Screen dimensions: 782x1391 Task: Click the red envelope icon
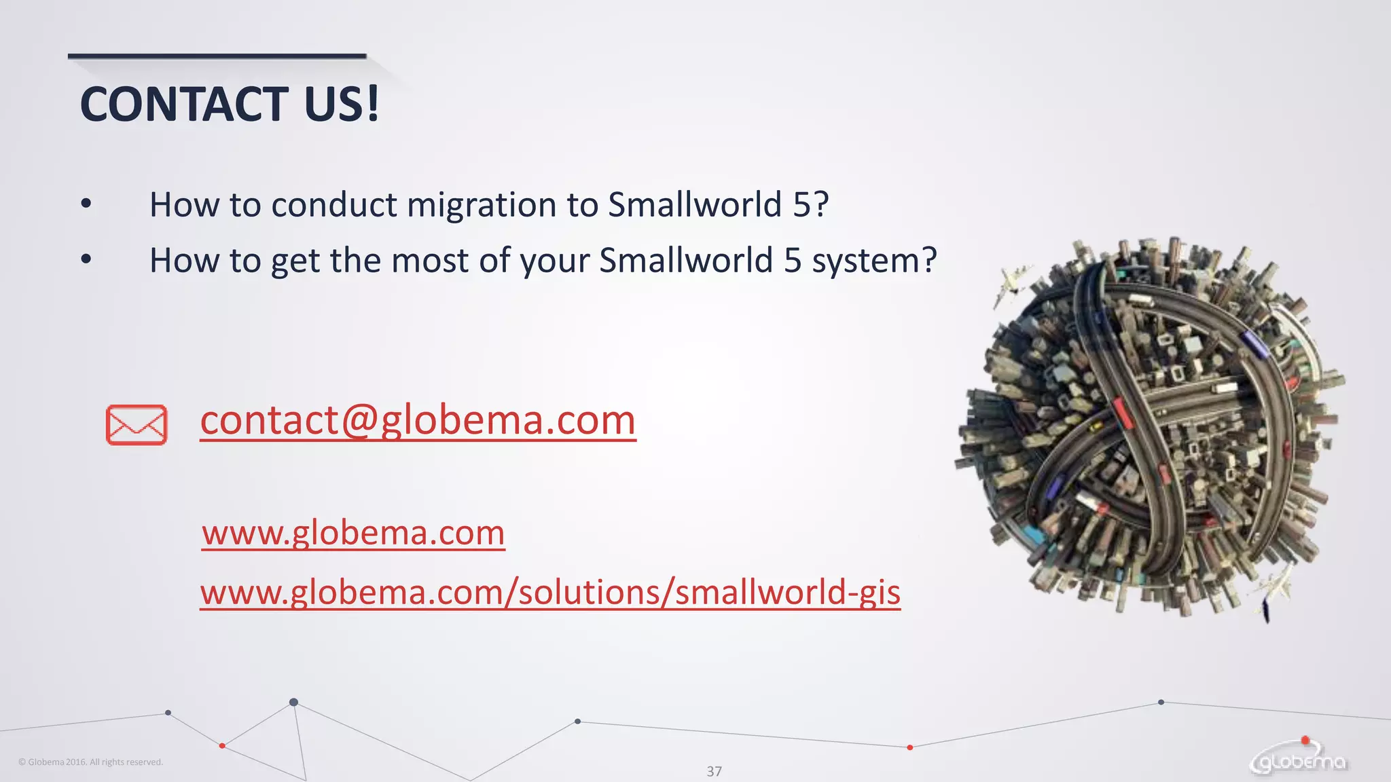pyautogui.click(x=137, y=425)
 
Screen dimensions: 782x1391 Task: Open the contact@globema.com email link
pyautogui.click(x=418, y=420)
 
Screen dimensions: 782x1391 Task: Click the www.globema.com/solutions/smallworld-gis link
pyautogui.click(x=550, y=592)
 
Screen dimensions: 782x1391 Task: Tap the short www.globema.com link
pyautogui.click(x=353, y=533)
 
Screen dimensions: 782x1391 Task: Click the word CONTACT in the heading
pyautogui.click(x=184, y=105)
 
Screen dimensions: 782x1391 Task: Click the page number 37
pyautogui.click(x=714, y=771)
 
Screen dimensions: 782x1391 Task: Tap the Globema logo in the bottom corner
pyautogui.click(x=1299, y=762)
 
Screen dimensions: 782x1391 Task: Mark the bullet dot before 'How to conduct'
pyautogui.click(x=86, y=204)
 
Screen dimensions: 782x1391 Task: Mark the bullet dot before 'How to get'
pyautogui.click(x=86, y=259)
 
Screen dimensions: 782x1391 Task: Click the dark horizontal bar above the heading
pyautogui.click(x=217, y=56)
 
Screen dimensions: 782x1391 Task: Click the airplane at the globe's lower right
pyautogui.click(x=1276, y=588)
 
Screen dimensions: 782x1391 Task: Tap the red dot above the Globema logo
pyautogui.click(x=1305, y=740)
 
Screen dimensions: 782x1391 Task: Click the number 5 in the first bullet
pyautogui.click(x=801, y=205)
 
